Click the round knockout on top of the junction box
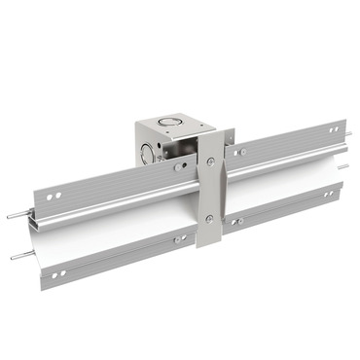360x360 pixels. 171,124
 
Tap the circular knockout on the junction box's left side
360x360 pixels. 147,153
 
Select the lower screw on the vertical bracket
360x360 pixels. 209,218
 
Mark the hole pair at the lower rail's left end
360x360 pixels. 58,276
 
